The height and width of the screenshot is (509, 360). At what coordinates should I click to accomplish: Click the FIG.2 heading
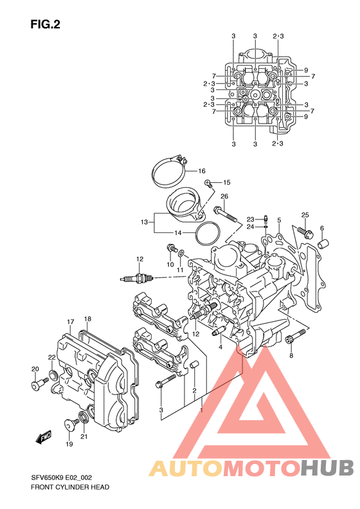click(46, 24)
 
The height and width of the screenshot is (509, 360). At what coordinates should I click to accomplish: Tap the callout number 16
click(202, 171)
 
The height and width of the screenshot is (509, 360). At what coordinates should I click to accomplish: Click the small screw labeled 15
click(208, 184)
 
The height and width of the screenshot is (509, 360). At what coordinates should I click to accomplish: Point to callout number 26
click(224, 196)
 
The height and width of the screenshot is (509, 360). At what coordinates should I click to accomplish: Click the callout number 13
click(145, 222)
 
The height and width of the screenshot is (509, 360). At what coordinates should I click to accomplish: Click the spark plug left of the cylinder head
click(136, 278)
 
